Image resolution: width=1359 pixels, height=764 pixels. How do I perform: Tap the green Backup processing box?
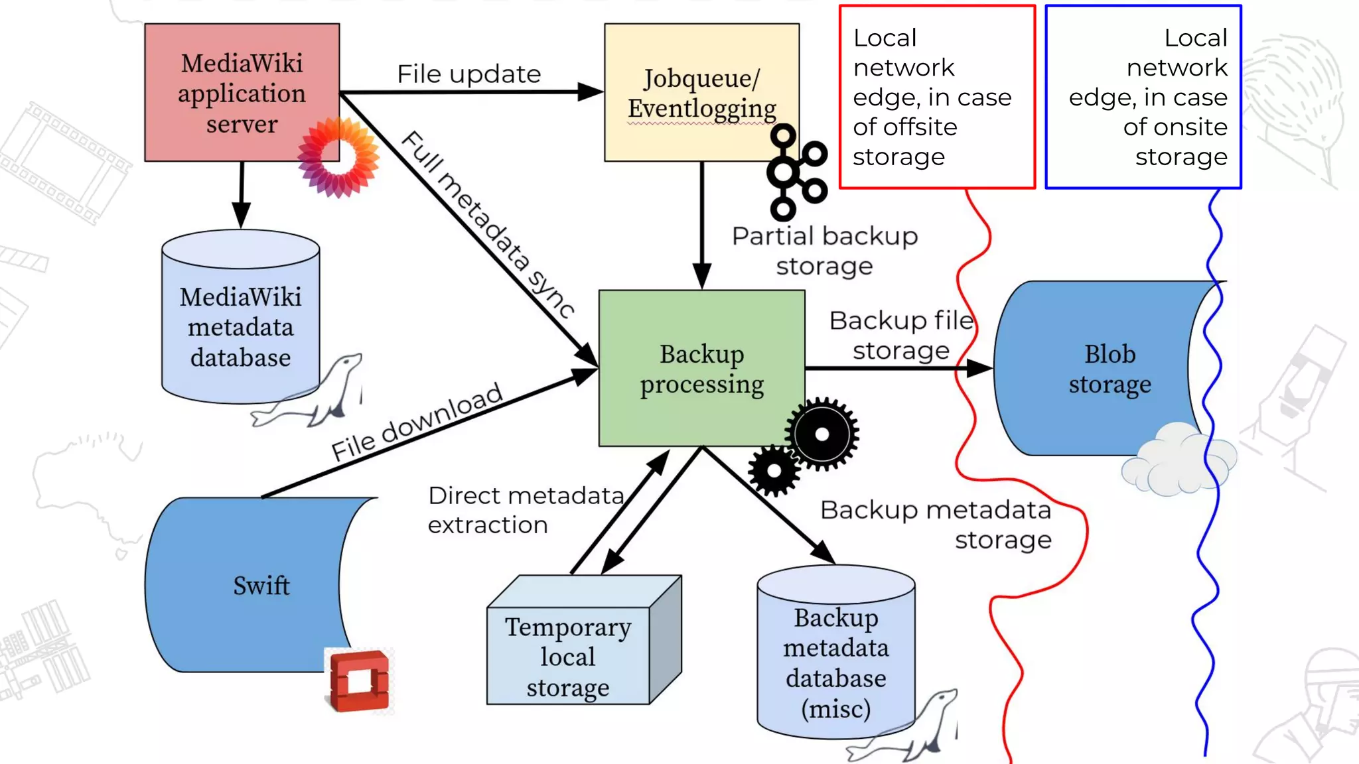[701, 368]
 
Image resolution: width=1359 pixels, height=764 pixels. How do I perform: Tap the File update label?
[468, 74]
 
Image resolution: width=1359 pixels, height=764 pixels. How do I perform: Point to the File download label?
[417, 422]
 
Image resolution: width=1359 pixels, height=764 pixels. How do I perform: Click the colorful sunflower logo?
[338, 157]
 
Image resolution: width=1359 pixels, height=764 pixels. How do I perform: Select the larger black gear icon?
[822, 434]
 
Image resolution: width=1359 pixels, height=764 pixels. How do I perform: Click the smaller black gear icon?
[774, 471]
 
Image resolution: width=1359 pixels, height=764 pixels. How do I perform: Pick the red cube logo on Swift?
[359, 680]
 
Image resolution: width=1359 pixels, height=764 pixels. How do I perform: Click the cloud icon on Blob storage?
[1178, 461]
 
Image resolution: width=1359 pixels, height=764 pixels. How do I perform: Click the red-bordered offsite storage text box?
[937, 97]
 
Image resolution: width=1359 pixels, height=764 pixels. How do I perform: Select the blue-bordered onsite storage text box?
[1143, 97]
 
